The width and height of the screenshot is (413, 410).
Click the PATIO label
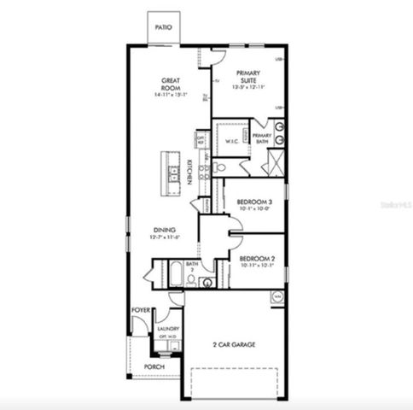tap(163, 27)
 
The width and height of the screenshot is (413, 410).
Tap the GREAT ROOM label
tap(170, 85)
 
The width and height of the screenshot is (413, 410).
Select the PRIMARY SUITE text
tap(249, 77)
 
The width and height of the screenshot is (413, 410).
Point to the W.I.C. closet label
tap(230, 141)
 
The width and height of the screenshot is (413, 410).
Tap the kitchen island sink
tap(174, 177)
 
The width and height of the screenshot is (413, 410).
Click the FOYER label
tap(141, 310)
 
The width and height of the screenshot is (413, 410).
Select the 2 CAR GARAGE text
tap(234, 345)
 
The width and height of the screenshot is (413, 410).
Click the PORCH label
tap(154, 366)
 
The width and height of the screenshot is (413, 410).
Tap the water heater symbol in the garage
tap(276, 296)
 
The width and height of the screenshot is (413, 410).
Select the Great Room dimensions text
tap(170, 96)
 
